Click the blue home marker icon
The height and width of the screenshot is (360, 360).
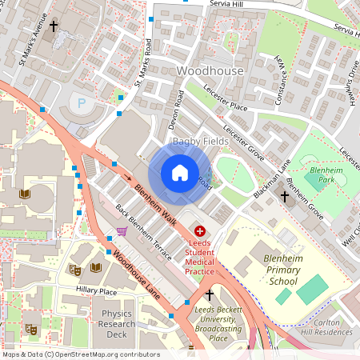(180, 173)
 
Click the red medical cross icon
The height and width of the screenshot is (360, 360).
(199, 230)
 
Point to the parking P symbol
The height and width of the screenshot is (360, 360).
(81, 102)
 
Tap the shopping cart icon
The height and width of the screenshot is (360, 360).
(122, 231)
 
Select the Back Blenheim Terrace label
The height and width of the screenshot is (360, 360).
(144, 233)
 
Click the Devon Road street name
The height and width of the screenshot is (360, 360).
(177, 113)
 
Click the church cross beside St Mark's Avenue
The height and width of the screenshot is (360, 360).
(54, 26)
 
